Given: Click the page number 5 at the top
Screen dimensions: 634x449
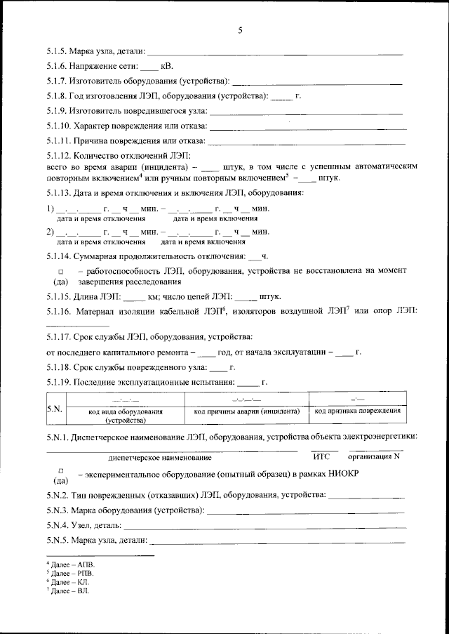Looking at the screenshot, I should tap(240, 29).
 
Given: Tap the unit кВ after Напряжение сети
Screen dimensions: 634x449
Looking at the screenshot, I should tap(167, 66).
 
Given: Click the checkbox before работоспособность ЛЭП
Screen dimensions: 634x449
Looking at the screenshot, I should tap(60, 271).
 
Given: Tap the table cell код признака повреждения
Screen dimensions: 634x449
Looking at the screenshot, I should tap(358, 410).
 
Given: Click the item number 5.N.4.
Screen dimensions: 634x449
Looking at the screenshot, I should tap(58, 525).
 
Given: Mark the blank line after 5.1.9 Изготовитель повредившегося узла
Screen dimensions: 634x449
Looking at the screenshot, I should tap(306, 112).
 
